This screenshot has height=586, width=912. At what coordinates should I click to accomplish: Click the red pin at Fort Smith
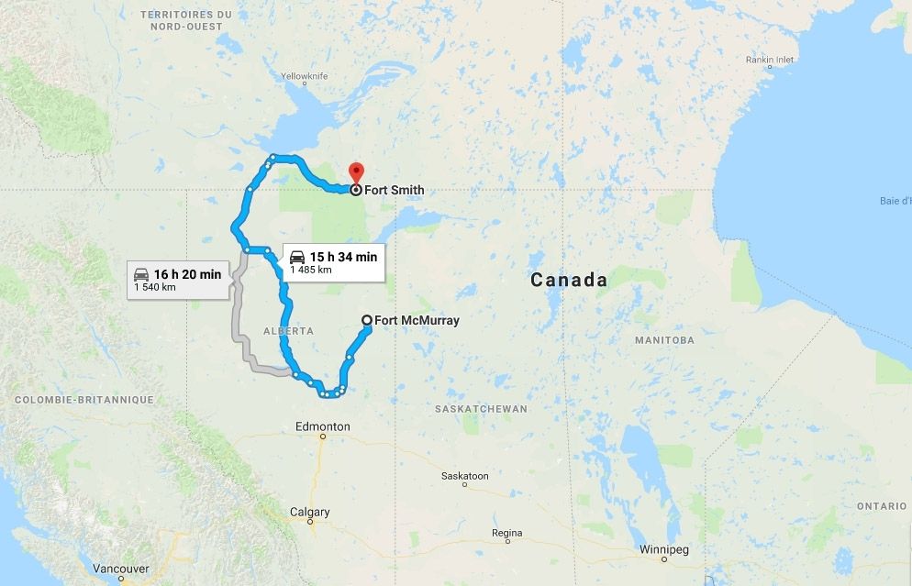click(356, 171)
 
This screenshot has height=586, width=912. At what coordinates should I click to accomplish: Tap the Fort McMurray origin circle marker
click(367, 320)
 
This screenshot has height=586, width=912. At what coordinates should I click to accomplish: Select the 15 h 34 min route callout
click(332, 260)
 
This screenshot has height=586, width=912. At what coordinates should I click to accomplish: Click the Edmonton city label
click(322, 426)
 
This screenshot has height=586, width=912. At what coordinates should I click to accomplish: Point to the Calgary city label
click(310, 512)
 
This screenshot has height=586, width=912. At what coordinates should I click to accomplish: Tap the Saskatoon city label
click(464, 476)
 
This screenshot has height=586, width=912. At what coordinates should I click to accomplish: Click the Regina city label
click(506, 533)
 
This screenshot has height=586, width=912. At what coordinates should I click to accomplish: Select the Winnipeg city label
click(662, 550)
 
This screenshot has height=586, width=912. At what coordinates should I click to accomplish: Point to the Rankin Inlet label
click(769, 60)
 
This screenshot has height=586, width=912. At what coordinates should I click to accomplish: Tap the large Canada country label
click(569, 280)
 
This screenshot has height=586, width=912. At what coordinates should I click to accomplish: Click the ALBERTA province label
click(287, 331)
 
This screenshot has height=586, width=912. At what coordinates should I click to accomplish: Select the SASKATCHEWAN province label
click(482, 409)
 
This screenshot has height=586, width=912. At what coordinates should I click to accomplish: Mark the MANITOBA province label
click(663, 340)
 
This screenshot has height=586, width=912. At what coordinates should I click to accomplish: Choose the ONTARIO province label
click(882, 506)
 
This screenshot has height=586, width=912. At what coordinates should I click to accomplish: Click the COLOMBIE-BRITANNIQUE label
click(83, 400)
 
